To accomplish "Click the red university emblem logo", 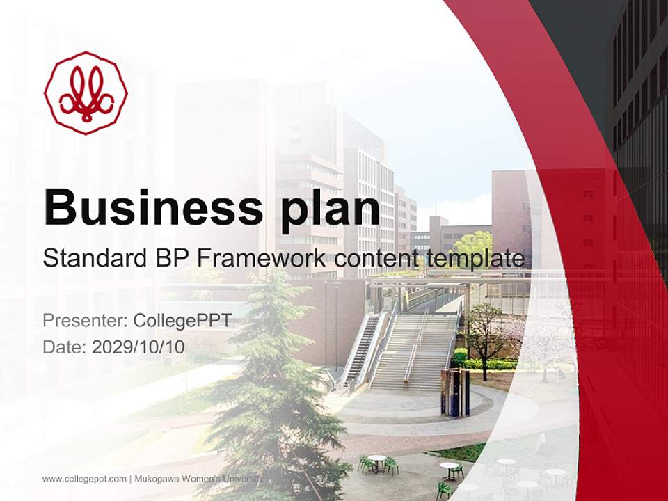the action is [86, 93].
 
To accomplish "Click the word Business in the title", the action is [153, 208].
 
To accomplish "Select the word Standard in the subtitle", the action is [95, 258].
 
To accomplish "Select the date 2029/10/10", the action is [138, 347].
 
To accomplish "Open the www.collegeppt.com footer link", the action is [84, 479].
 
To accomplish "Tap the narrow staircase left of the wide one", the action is [360, 351].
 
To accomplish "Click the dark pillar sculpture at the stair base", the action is [456, 392].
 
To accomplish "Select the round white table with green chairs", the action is [378, 464].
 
